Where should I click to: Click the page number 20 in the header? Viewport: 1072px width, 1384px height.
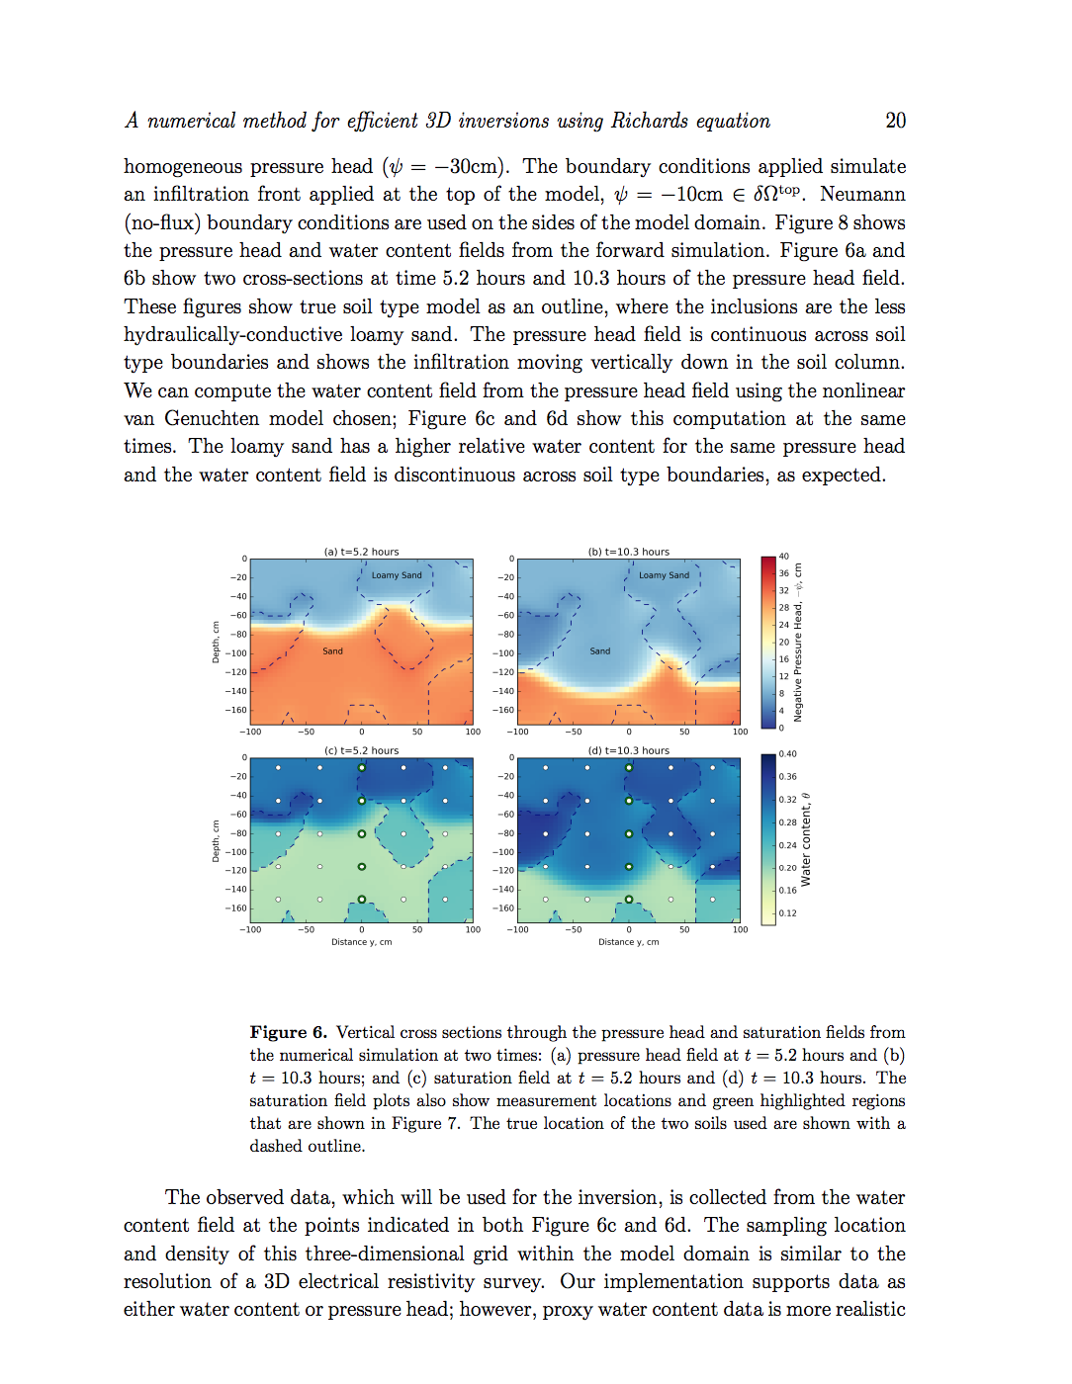pos(895,121)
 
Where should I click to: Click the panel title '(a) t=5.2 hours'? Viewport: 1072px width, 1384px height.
pos(361,552)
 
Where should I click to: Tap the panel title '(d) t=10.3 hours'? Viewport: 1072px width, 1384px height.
pos(628,750)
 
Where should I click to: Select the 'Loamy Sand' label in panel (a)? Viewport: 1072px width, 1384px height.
pos(397,575)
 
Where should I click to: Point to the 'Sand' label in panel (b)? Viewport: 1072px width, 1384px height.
pos(600,651)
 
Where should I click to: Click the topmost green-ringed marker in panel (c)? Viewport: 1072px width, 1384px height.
pos(362,768)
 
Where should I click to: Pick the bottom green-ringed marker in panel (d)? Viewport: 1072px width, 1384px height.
pos(629,900)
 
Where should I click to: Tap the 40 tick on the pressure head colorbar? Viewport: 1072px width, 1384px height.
pos(784,557)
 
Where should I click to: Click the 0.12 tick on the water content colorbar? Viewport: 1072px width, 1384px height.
pos(787,913)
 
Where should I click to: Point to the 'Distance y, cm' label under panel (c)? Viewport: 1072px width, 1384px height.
pos(361,942)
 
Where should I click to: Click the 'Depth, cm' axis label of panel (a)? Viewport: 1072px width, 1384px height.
pos(216,642)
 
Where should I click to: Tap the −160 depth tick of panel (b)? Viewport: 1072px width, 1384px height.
pos(504,710)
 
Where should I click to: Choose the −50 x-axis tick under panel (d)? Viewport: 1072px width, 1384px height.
pos(574,929)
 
